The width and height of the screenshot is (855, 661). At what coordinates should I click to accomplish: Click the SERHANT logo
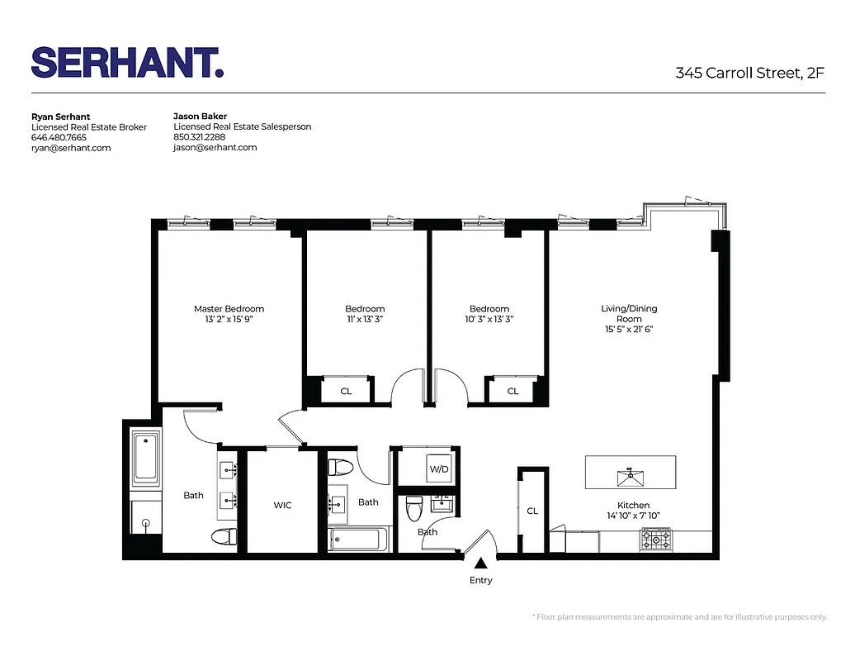tap(127, 63)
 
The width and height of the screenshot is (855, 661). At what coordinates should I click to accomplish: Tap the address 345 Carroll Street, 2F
tap(749, 73)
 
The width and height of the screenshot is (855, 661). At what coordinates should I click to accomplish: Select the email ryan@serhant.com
tap(71, 148)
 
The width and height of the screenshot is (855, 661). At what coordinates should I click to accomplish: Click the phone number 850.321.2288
tap(199, 137)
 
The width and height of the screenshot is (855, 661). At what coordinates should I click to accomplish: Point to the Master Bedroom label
tap(229, 309)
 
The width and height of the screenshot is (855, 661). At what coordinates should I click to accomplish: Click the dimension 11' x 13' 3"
tap(365, 319)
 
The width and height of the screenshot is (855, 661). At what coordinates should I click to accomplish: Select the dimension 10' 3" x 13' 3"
tap(489, 319)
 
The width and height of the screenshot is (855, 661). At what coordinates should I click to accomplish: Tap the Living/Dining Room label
tap(629, 313)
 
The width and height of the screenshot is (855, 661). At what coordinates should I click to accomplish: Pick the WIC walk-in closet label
tap(282, 505)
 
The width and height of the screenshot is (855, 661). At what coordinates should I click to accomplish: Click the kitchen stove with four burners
tap(657, 540)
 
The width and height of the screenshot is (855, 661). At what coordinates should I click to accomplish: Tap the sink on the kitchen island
tap(630, 474)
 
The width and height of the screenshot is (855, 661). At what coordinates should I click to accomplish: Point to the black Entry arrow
tap(480, 564)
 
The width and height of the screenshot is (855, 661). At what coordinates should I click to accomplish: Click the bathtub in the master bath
tap(146, 457)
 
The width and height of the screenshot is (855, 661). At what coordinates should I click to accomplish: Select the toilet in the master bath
tap(224, 537)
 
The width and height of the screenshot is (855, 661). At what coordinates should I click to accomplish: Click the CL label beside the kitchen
tap(532, 511)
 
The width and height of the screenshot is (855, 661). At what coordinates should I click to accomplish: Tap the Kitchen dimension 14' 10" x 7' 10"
tap(633, 516)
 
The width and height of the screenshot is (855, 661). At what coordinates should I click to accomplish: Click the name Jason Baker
tap(200, 117)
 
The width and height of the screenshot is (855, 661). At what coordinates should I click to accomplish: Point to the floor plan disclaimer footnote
tap(678, 616)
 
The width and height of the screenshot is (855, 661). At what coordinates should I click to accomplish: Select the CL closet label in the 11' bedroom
tap(346, 391)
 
